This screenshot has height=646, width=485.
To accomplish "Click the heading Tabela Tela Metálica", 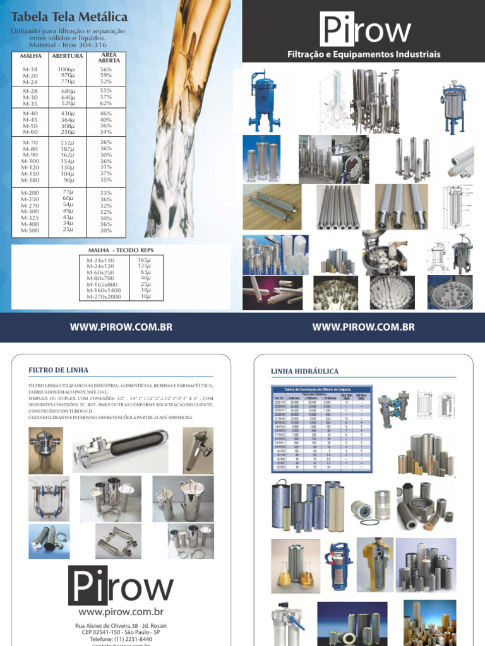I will pos(69,16).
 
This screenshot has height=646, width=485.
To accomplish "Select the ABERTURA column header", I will pos(68,56).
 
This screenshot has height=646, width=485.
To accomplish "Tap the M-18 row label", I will pos(30,69).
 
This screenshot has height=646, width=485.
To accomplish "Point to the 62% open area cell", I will pos(105,103).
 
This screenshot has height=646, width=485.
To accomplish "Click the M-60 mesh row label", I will pos(30,132).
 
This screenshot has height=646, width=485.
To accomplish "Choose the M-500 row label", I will pos(30,230).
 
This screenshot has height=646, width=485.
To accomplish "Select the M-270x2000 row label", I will pos(104,297).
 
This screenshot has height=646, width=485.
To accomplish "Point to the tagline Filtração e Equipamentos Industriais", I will pos(364,55).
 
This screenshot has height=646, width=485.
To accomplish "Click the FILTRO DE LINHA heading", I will pos(59,370).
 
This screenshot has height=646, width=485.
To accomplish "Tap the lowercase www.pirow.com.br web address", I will pos(121,612).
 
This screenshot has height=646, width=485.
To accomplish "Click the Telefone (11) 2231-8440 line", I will pos(121,639).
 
